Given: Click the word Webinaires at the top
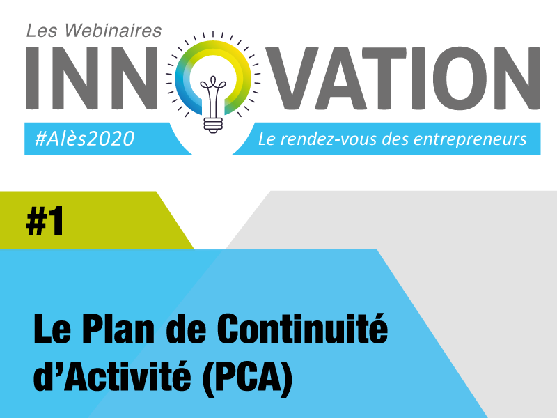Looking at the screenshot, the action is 113,30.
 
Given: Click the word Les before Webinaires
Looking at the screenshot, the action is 42,31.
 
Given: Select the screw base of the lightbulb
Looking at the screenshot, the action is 213,125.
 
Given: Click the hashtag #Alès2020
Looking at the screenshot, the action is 84,138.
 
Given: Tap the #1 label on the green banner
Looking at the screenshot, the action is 45,221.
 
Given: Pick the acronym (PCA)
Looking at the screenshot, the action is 247,376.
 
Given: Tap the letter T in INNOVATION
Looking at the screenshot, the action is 384,78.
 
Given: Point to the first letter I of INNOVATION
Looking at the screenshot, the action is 32,78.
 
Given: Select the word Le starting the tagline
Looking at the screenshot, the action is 267,139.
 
